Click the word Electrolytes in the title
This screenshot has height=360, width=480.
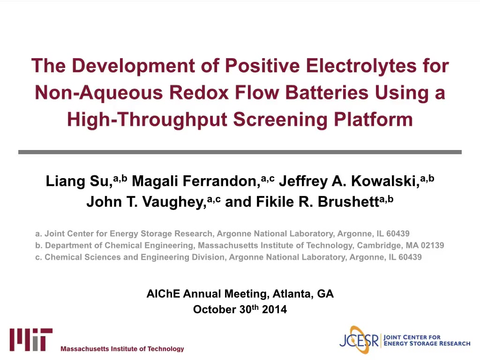[361, 66]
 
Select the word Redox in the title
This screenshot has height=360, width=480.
[199, 92]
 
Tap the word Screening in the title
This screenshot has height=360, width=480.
[280, 120]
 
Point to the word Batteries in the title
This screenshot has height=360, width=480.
[327, 92]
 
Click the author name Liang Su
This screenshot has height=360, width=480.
[79, 181]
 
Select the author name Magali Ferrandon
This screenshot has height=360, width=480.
[196, 181]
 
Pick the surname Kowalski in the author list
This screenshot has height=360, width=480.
[385, 181]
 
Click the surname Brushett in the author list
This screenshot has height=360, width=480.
[349, 202]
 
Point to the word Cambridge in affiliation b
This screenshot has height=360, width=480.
[378, 246]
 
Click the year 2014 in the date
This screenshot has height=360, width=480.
[274, 309]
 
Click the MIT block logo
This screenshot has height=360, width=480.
[31, 340]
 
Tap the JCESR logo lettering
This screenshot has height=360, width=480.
[359, 340]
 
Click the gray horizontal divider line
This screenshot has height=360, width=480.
[240, 152]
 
